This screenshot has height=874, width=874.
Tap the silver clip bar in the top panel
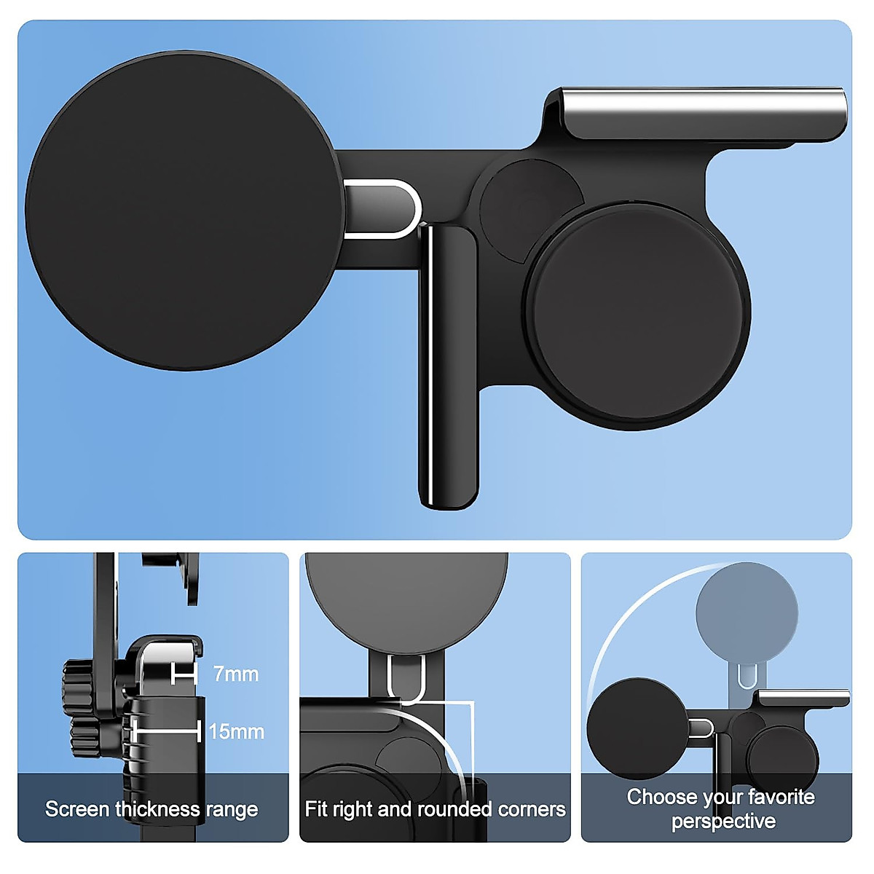pos(703,113)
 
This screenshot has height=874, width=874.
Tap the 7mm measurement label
pos(236,674)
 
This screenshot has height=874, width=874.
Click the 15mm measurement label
pos(236,731)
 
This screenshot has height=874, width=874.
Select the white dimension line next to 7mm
pos(184,674)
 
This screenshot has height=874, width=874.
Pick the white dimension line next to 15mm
pos(166,731)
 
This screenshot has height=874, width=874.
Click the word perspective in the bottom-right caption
pos(723,822)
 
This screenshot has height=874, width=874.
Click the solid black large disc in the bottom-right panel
pos(637,728)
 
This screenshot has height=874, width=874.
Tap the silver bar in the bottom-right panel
pos(803,698)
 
